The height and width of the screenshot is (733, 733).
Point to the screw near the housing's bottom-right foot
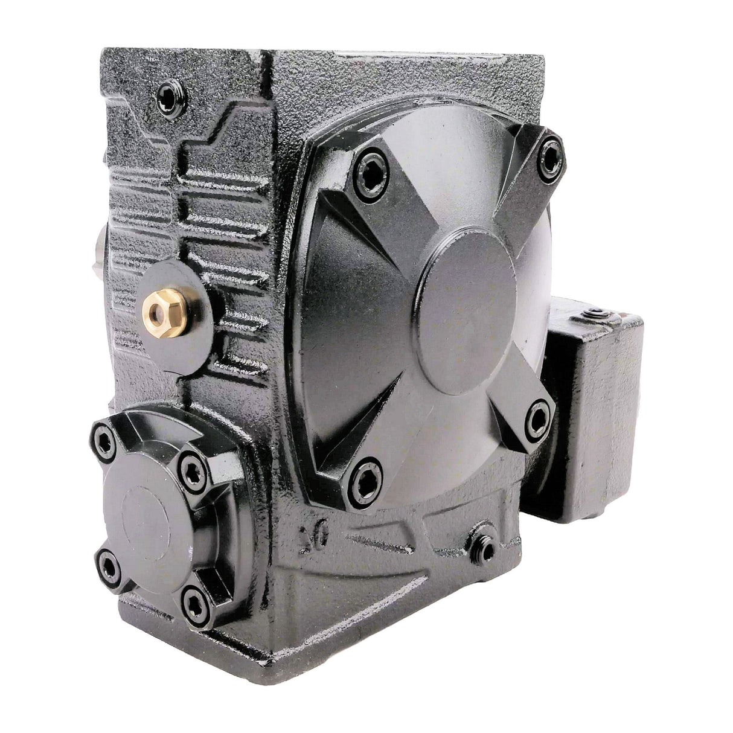pyautogui.click(x=481, y=549)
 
